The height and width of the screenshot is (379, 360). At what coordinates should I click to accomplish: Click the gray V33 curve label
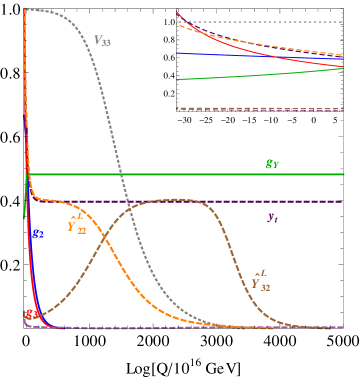pyautogui.click(x=102, y=41)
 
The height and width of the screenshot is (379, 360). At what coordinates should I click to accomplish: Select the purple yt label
pyautogui.click(x=272, y=216)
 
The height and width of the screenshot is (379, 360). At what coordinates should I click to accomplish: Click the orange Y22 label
pyautogui.click(x=76, y=225)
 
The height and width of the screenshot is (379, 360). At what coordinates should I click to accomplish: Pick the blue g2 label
pyautogui.click(x=37, y=233)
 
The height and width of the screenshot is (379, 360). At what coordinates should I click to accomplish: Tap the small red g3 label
pyautogui.click(x=32, y=315)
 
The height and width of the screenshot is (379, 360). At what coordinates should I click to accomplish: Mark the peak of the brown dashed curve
pyautogui.click(x=176, y=200)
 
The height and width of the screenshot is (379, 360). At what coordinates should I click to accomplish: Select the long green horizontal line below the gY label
pyautogui.click(x=200, y=174)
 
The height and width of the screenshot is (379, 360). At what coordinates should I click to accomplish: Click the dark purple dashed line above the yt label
pyautogui.click(x=200, y=201)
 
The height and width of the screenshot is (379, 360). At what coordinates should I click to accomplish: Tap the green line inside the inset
pyautogui.click(x=260, y=73)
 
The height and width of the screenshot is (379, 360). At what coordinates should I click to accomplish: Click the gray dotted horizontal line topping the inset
pyautogui.click(x=260, y=21)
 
